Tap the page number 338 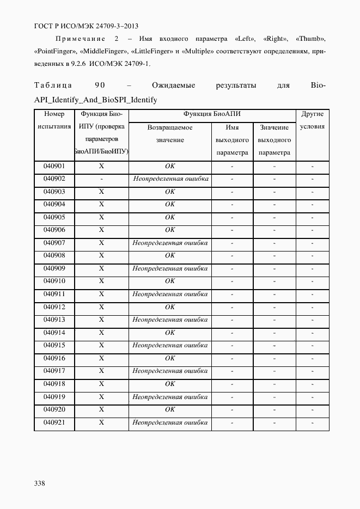pyautogui.click(x=40, y=483)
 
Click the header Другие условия pyautogui.click(x=312, y=120)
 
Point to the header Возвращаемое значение pyautogui.click(x=170, y=133)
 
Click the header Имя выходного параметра pyautogui.click(x=232, y=140)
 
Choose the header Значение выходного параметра pyautogui.click(x=274, y=140)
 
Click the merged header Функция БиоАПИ pyautogui.click(x=212, y=114)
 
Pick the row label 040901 pyautogui.click(x=54, y=166)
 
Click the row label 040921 pyautogui.click(x=54, y=422)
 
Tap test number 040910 pyautogui.click(x=54, y=281)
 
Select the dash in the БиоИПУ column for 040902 pyautogui.click(x=101, y=179)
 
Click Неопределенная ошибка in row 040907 pyautogui.click(x=170, y=243)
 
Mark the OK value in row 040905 pyautogui.click(x=170, y=217)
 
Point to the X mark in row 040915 pyautogui.click(x=101, y=346)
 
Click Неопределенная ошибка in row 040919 pyautogui.click(x=170, y=397)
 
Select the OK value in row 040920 pyautogui.click(x=170, y=409)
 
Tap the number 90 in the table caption pyautogui.click(x=99, y=86)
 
